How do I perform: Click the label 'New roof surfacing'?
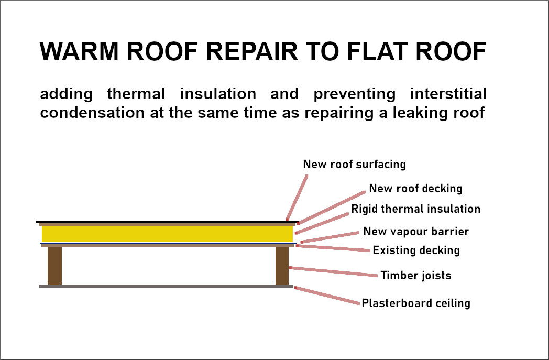[354, 165]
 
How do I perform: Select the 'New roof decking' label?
[415, 189]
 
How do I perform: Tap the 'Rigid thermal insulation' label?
[415, 209]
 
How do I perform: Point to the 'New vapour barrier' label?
[416, 232]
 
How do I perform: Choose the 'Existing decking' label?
[416, 250]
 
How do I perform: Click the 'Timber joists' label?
[415, 276]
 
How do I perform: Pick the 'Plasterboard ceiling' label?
[415, 303]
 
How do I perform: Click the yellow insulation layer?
[167, 234]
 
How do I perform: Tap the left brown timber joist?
[54, 266]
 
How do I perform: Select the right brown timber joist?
[282, 266]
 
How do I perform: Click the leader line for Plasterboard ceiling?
[328, 296]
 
